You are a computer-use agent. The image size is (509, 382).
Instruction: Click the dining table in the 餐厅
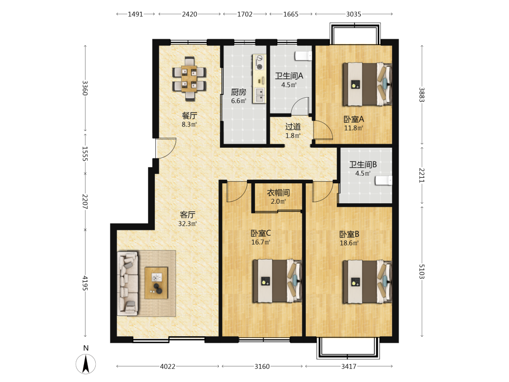(189, 78)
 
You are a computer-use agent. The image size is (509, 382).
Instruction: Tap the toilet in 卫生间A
(303, 56)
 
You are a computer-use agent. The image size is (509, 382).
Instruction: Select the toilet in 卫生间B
(384, 181)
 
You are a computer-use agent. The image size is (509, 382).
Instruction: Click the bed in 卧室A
(367, 84)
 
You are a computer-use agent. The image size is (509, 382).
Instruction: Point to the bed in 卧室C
(277, 281)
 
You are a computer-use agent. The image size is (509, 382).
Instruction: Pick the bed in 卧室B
(367, 282)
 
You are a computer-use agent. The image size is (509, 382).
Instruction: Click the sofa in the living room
(128, 283)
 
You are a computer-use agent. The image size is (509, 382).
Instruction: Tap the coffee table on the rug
(156, 283)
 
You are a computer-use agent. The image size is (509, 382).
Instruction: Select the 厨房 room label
(239, 92)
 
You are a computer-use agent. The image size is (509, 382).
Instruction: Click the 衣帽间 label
(278, 193)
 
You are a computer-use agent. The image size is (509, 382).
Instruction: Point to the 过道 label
(293, 127)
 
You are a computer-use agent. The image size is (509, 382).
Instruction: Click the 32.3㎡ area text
(188, 224)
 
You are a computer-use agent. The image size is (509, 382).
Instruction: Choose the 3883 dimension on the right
(421, 95)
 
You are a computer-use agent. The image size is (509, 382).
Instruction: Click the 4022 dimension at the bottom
(167, 366)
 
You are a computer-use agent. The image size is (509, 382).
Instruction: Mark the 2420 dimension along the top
(189, 14)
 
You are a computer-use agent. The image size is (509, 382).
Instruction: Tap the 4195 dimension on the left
(85, 283)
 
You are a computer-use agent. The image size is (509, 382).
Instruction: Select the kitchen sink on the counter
(260, 95)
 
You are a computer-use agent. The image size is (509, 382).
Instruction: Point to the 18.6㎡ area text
(349, 243)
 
